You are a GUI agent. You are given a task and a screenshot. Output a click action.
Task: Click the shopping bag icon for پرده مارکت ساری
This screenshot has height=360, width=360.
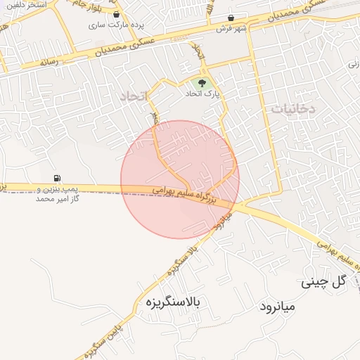115,14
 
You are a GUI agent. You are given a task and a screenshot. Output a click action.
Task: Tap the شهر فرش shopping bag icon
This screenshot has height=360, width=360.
231,18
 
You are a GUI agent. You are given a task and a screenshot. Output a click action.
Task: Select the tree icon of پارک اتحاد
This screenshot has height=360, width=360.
203,85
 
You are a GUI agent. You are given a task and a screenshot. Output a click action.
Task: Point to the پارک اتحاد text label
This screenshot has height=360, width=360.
202,94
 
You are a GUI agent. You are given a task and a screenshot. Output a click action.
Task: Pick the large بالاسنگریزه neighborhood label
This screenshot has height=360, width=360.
172,303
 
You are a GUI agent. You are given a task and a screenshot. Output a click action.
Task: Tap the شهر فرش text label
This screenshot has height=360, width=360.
229,28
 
